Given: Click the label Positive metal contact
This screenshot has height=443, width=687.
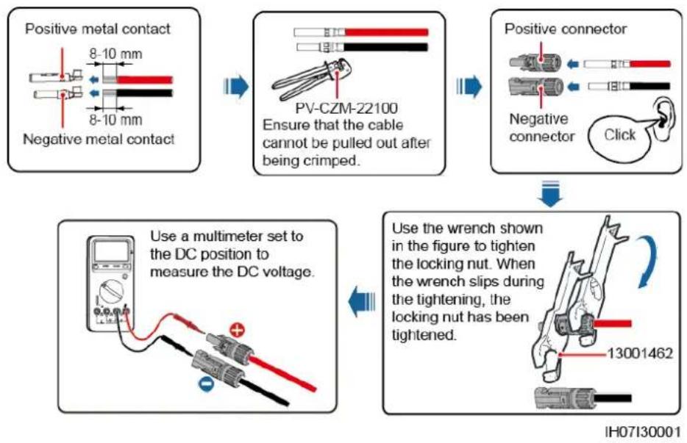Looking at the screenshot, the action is tap(97, 29).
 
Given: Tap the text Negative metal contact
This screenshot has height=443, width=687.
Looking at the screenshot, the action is tap(99, 139).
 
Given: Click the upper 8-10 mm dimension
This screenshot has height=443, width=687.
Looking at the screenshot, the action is tap(115, 54).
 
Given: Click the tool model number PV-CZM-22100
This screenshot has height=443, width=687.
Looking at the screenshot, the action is tap(346, 108).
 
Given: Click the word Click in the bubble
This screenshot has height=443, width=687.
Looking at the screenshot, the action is tap(619, 134).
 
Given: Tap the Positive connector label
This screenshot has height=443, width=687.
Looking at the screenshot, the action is tap(565, 29).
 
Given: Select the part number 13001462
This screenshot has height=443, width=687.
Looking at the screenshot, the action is tap(640, 353).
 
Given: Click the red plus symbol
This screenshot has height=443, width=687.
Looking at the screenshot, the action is tap(238, 330).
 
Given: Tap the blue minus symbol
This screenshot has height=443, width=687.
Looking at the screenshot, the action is tap(205, 383).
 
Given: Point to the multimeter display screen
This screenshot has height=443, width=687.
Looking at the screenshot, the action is tap(111, 251).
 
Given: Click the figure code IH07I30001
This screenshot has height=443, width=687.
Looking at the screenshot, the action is tap(642, 432).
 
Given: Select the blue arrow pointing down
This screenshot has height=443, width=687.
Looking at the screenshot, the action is tap(550, 193).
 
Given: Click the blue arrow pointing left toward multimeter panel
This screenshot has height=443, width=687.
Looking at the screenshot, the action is tap(362, 302).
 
